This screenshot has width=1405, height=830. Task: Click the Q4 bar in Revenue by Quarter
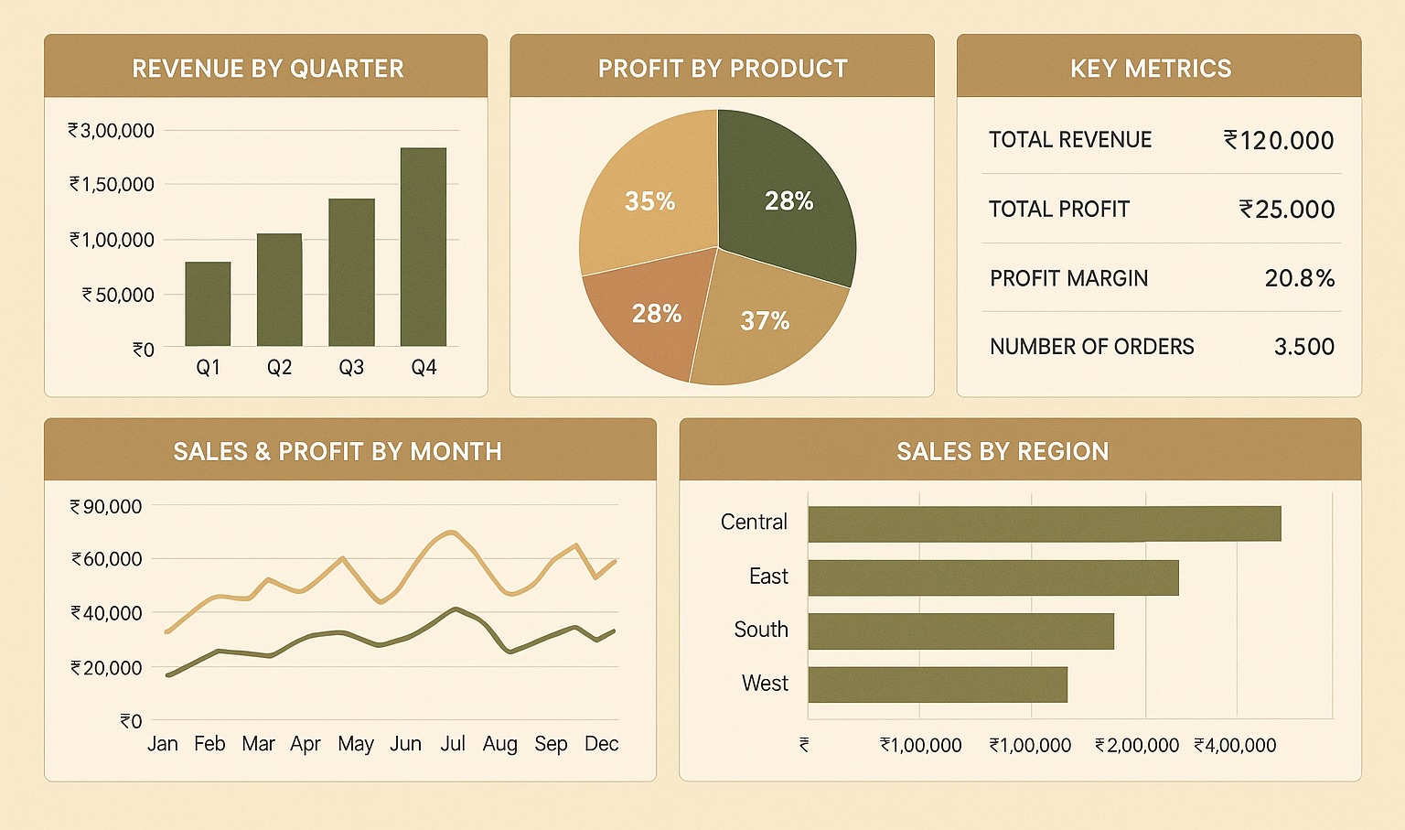tap(424, 247)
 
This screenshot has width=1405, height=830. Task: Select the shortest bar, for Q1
tap(208, 304)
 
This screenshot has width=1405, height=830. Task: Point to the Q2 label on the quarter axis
tap(279, 368)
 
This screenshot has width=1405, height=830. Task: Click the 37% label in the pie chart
tap(765, 321)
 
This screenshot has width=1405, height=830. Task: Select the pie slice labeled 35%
tap(649, 201)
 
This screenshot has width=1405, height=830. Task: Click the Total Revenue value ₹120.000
tap(1279, 140)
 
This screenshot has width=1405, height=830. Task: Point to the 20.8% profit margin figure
tap(1299, 278)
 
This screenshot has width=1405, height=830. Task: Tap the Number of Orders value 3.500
tap(1303, 347)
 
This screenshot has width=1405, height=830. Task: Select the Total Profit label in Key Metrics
tap(1058, 210)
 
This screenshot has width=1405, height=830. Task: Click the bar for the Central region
tap(1044, 523)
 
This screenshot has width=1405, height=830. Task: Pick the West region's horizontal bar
tap(938, 684)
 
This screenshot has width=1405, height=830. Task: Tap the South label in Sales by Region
tap(760, 630)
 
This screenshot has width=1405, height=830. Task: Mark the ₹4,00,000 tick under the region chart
tap(1235, 746)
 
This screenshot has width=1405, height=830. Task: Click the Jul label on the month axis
tap(453, 744)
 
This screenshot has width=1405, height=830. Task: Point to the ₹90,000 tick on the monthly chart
tap(106, 507)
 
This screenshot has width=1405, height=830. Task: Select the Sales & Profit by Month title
tap(338, 451)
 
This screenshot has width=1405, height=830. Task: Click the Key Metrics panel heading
tap(1151, 69)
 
